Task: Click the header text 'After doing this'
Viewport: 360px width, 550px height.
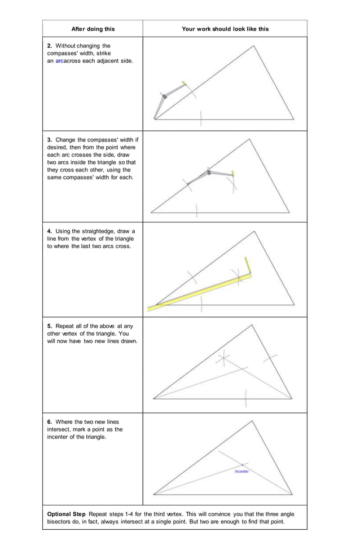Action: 93,29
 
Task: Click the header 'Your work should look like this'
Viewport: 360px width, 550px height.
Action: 225,29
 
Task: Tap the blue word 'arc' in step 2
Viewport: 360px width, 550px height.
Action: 60,60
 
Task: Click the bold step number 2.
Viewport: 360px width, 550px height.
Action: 50,46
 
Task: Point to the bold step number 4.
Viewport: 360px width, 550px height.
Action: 50,231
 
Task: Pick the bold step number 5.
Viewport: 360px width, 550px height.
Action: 50,326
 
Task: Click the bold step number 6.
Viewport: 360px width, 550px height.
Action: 50,422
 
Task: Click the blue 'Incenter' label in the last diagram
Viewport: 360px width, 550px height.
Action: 242,471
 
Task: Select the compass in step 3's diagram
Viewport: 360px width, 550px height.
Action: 210,174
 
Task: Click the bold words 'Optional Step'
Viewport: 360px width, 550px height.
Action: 67,514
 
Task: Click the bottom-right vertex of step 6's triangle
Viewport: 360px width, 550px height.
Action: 293,495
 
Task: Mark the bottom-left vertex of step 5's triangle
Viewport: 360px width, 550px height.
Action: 153,399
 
